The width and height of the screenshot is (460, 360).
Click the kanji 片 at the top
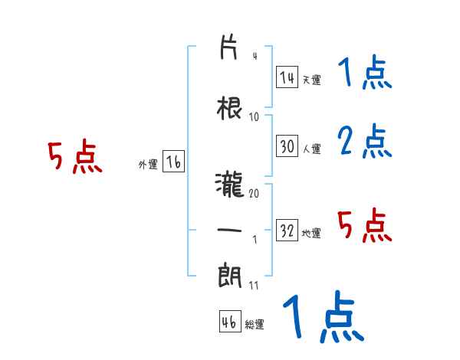(x=228, y=47)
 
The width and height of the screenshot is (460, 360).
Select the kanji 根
(x=229, y=109)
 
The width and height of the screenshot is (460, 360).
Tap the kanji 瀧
(x=229, y=185)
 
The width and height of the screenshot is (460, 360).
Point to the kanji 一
(x=229, y=230)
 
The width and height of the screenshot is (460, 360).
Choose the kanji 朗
(x=230, y=276)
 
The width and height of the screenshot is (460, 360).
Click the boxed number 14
(x=287, y=77)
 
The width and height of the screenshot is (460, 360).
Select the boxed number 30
(x=287, y=146)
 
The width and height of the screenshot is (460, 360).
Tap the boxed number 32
(x=287, y=230)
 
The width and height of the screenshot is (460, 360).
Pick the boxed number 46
(x=230, y=321)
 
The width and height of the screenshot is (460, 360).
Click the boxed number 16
(x=173, y=162)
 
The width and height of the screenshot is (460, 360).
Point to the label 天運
(x=311, y=80)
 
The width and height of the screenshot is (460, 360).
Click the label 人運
(x=311, y=149)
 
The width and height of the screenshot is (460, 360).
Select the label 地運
(x=311, y=233)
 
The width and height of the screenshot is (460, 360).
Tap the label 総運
(x=255, y=324)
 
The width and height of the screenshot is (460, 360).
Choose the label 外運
(x=148, y=165)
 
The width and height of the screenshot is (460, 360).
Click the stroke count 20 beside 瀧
(x=254, y=193)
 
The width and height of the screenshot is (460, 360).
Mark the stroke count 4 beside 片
(x=255, y=56)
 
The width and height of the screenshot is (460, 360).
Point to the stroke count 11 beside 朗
(x=254, y=285)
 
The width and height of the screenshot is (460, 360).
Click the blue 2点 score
(x=365, y=141)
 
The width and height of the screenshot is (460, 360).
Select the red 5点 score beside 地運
(x=365, y=225)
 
